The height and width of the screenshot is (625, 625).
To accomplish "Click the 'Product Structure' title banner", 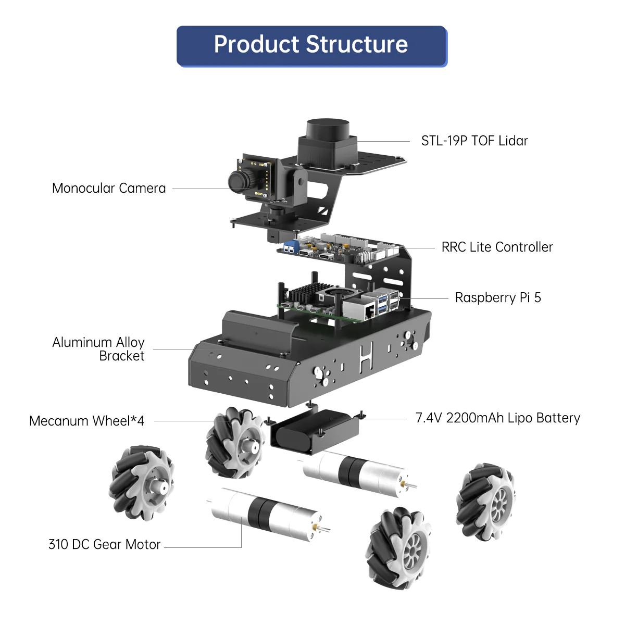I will (311, 45).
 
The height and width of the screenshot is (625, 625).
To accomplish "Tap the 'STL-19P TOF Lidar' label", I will (474, 141).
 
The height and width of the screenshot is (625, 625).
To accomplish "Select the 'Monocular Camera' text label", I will (109, 189).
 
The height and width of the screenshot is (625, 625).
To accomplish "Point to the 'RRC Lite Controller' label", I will (497, 247).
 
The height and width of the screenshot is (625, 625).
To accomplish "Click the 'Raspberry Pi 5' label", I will (498, 298).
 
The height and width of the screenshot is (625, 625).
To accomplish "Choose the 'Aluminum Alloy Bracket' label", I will (99, 349).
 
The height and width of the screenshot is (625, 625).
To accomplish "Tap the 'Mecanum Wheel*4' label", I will (86, 421).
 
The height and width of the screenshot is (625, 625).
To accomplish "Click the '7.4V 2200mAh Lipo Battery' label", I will (497, 418).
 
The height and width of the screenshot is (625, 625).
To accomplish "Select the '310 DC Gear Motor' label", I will (104, 545).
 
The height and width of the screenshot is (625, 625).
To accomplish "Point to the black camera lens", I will (239, 180).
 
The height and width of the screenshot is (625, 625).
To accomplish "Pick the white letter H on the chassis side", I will (366, 358).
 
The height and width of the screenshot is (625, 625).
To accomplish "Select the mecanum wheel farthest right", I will (486, 501).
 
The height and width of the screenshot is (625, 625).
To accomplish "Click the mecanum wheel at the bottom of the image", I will (399, 548).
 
